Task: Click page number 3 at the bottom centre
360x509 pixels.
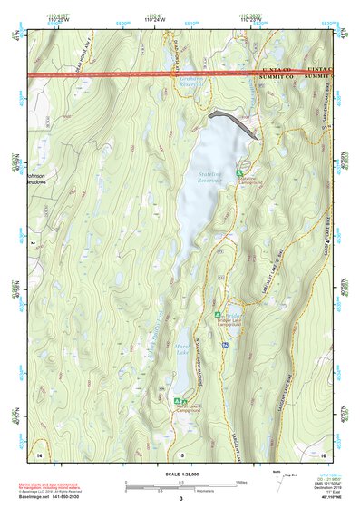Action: [180, 499]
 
